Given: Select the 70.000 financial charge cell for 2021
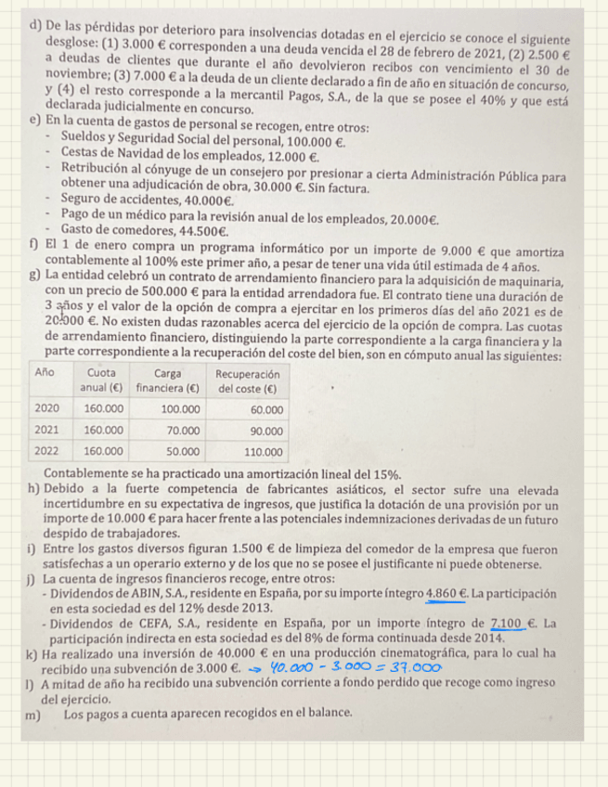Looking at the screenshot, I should point(184,431).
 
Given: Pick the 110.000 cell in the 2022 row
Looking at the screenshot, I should point(263,452).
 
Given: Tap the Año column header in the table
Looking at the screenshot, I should point(44,372).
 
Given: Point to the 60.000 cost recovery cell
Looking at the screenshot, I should point(266,408).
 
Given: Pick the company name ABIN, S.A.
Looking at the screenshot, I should point(148,593).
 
